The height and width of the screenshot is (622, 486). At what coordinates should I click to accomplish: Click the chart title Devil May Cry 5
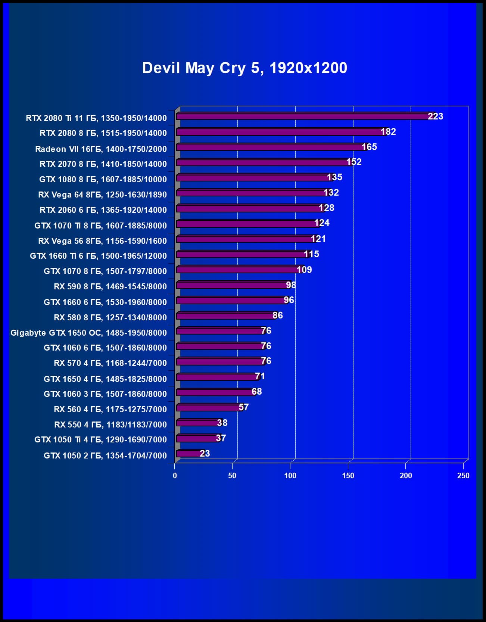(244, 68)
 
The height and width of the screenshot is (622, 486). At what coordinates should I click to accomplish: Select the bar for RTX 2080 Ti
(302, 116)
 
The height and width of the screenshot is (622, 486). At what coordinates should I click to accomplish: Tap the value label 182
(388, 132)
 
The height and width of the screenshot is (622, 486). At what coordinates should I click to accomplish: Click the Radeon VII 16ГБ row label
(101, 149)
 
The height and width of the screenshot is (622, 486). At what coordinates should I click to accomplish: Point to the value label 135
(334, 177)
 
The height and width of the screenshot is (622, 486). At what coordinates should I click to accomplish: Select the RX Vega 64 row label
(102, 195)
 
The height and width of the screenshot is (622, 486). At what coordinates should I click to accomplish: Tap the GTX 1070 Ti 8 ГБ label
(100, 226)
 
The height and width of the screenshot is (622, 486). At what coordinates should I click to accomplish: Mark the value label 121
(318, 239)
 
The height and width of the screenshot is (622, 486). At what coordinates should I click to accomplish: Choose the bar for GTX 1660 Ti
(243, 254)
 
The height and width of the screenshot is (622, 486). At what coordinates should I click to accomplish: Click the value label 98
(291, 285)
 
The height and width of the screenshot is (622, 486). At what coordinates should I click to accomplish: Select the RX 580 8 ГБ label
(110, 317)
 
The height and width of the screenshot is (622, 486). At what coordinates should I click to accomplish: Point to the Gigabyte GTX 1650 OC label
(88, 333)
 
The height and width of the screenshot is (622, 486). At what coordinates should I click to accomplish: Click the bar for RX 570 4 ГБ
(220, 361)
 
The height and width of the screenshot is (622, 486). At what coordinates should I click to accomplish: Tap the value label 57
(243, 407)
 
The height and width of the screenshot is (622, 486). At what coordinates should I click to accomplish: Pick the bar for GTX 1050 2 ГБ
(190, 454)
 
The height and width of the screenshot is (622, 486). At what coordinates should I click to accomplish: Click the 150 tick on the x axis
(348, 476)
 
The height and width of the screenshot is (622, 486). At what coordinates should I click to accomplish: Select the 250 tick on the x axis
(463, 476)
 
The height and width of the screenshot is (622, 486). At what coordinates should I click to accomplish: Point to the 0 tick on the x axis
(175, 476)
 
